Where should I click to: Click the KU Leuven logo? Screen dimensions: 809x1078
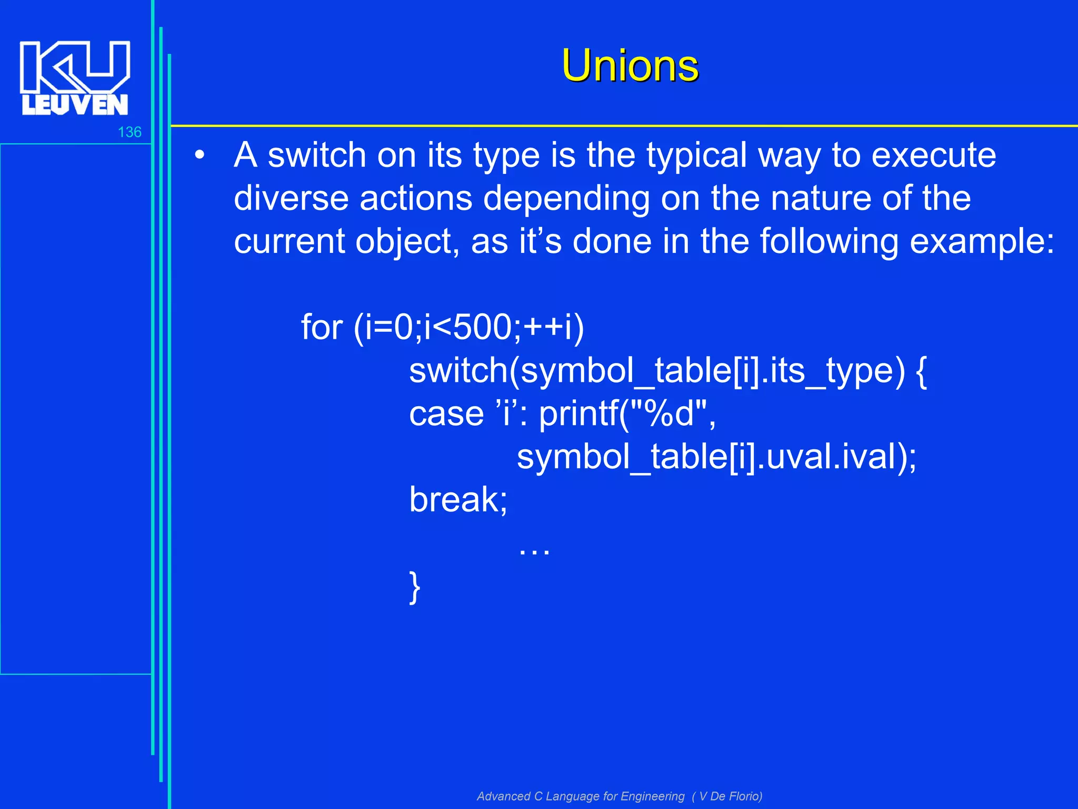tap(75, 78)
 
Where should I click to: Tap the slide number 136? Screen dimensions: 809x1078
tap(129, 132)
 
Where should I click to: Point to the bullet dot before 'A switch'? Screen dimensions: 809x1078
tap(199, 156)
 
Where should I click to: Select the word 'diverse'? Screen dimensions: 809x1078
tap(291, 199)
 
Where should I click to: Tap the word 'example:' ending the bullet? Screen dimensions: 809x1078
tap(982, 242)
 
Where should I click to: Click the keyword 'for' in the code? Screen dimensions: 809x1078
tap(322, 328)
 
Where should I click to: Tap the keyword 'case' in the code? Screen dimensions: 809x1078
tap(446, 414)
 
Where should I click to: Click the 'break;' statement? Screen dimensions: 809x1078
tap(458, 500)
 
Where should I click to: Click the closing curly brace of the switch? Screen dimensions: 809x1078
tap(415, 587)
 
